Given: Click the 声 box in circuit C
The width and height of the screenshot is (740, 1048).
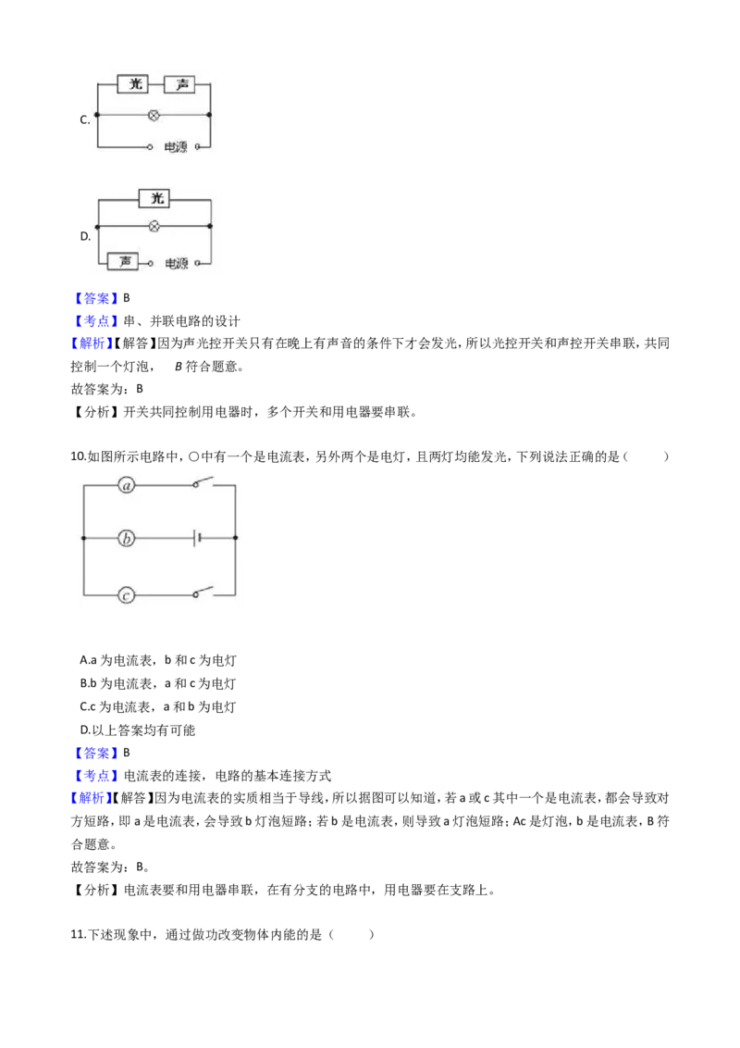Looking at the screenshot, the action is coord(180,84).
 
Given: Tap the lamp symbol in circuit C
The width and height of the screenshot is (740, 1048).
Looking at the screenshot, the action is coord(154,116).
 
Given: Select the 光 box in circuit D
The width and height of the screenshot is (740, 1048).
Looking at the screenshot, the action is coord(155,198).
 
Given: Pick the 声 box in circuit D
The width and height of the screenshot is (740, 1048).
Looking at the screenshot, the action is coord(124,261).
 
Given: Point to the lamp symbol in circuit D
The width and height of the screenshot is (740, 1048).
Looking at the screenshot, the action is coord(154,227).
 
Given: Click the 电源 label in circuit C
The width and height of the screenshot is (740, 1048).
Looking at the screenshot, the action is coord(176,147).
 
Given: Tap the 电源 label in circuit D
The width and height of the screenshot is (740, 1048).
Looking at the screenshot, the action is coord(177,264).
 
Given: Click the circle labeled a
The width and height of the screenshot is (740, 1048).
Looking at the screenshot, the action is coord(127,486).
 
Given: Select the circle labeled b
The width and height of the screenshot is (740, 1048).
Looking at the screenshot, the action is coord(126,538).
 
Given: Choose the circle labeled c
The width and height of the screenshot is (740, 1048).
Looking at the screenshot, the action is coord(126,595).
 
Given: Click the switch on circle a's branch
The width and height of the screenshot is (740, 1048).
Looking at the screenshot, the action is coord(203,482).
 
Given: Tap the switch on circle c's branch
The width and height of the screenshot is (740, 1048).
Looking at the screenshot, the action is coord(203,592).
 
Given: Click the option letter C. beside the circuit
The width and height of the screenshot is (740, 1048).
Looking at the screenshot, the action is coord(85,120).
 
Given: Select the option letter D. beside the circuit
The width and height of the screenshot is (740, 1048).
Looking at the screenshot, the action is coord(85,236).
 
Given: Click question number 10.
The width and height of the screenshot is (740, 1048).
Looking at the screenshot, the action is coord(78,456).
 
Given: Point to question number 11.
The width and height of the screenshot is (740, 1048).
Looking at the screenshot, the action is coord(78,934).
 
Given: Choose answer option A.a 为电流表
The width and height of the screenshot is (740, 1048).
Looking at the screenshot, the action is coord(116,660).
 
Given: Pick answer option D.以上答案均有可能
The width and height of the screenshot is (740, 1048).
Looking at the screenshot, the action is coord(138,730).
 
